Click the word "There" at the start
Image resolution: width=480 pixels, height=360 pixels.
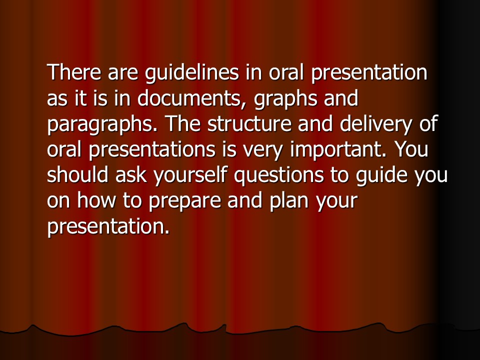pos(74,72)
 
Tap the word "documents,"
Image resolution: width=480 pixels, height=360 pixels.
pos(193,99)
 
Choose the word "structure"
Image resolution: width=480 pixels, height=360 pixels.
pos(249,123)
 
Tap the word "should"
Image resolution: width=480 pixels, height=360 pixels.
pos(78,175)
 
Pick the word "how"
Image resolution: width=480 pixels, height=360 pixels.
pos(96,200)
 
